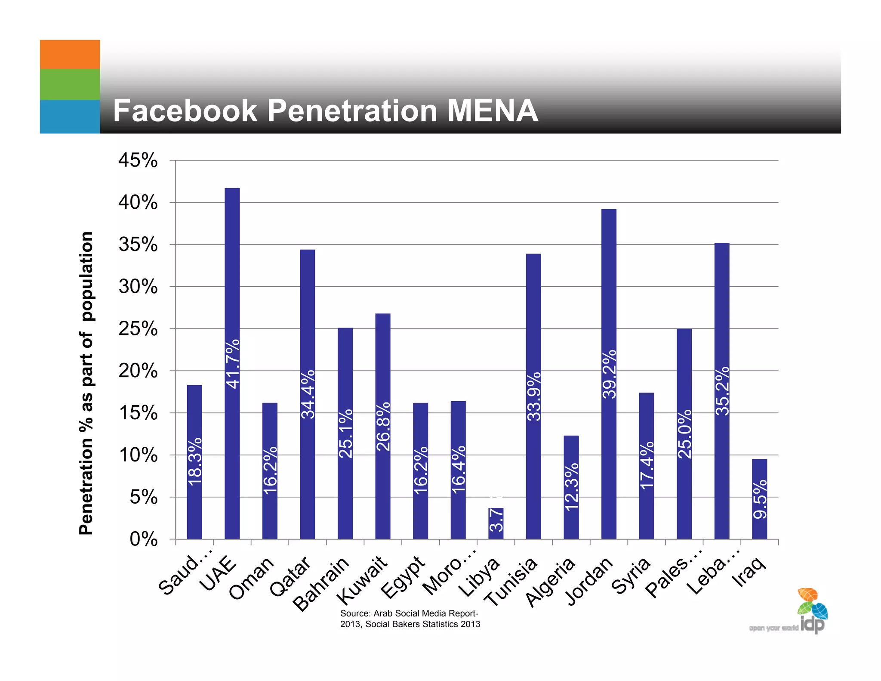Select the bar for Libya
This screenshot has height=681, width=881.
click(496, 523)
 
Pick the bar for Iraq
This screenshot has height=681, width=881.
click(759, 499)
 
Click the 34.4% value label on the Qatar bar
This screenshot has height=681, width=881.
click(308, 394)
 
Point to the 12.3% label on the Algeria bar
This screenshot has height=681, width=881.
click(572, 487)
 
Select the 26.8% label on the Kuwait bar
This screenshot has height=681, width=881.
click(383, 426)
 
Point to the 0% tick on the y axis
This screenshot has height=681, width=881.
click(143, 539)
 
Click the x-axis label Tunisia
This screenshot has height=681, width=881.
click(511, 581)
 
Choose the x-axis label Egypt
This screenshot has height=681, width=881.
click(403, 577)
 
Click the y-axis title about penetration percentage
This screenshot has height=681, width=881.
click(86, 383)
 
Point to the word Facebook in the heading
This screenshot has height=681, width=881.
click(185, 111)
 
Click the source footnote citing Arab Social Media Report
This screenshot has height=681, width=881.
click(410, 619)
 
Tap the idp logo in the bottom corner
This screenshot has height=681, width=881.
click(811, 613)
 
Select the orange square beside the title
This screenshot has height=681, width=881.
click(70, 54)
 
